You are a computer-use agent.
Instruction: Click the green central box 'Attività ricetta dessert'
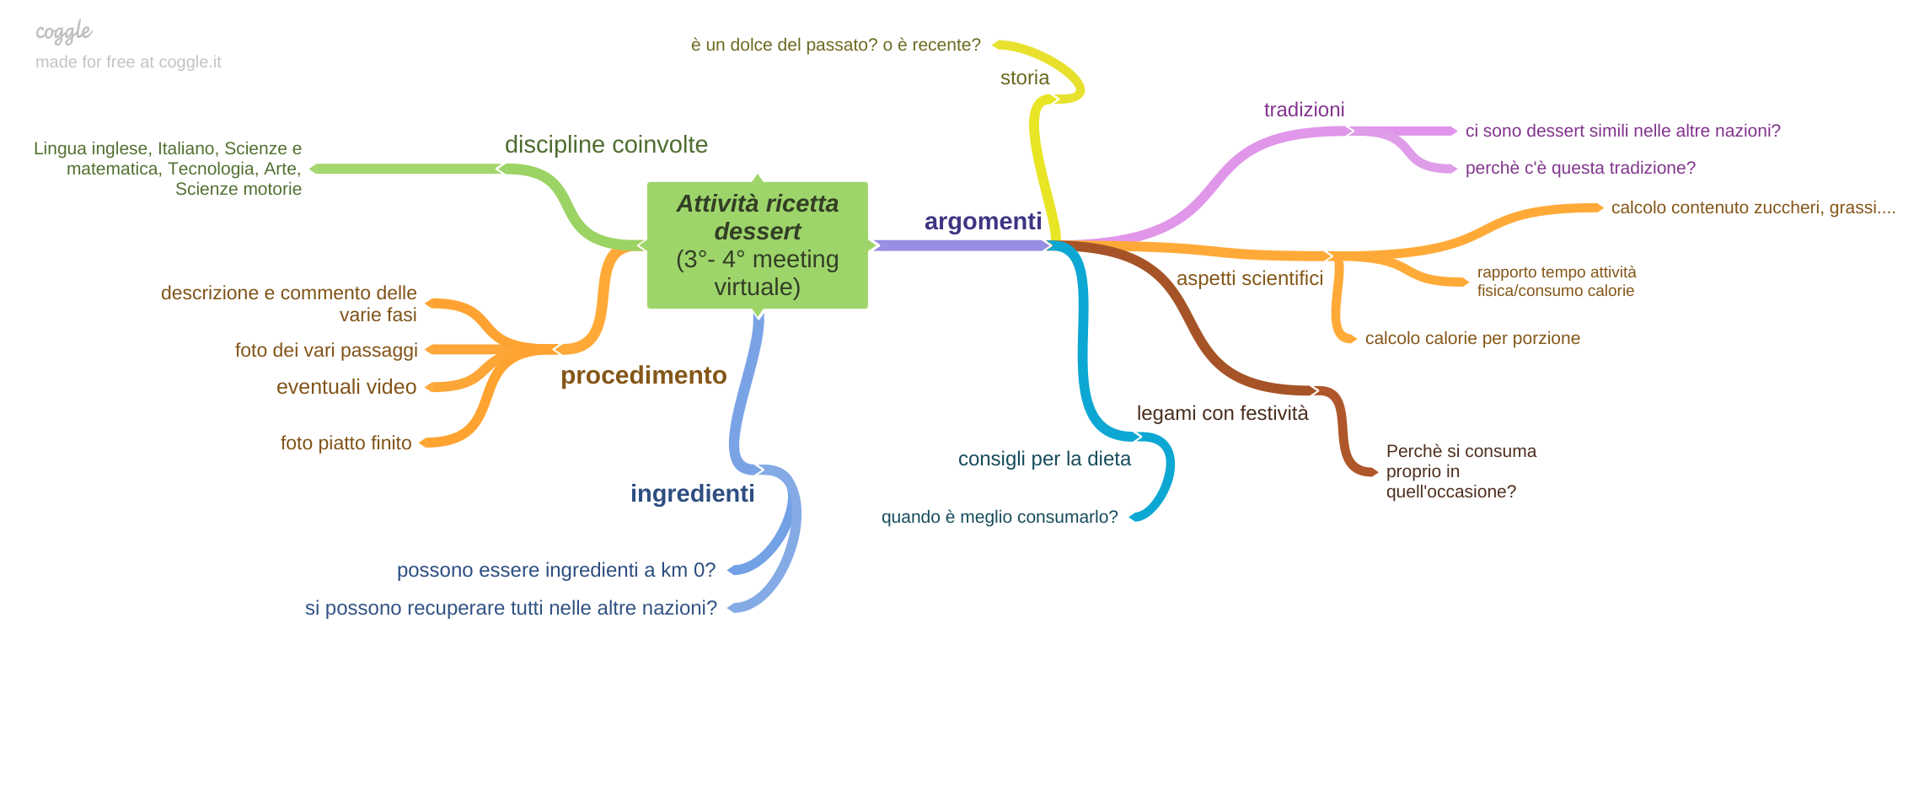757,244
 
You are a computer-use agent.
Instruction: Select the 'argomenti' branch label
983,221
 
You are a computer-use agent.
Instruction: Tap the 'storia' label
1024,78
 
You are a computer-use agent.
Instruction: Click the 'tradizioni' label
1304,110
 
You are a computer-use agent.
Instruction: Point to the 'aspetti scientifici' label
1249,278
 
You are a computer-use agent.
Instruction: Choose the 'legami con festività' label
1222,413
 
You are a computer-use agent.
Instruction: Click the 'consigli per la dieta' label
1044,459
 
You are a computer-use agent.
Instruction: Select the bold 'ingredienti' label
692,493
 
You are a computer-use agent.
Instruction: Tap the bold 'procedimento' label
643,375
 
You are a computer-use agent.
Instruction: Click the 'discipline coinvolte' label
606,145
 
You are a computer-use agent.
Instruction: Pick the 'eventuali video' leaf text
346,387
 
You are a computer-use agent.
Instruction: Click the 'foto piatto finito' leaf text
346,443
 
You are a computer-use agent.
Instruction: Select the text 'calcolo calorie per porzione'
1472,338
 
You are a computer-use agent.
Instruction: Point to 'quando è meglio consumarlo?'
999,517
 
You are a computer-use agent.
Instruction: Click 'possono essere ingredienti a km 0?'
555,570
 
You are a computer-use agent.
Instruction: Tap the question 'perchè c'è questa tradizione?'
1579,168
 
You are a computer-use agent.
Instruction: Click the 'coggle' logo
63,32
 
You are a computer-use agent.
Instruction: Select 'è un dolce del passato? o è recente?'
835,45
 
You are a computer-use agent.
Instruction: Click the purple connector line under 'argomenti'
961,245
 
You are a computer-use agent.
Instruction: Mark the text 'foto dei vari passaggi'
326,350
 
